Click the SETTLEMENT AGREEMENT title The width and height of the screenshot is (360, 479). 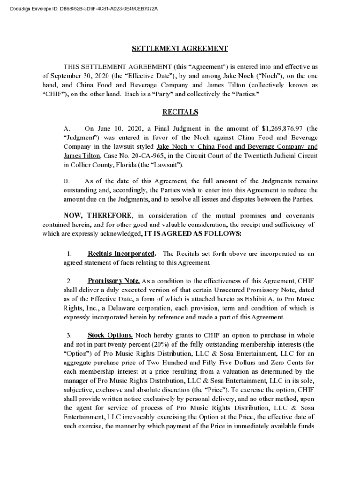pyautogui.click(x=180, y=49)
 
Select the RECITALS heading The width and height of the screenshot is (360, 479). pyautogui.click(x=180, y=112)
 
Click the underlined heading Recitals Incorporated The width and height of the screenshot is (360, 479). pyautogui.click(x=121, y=254)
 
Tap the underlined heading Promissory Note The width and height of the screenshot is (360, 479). pyautogui.click(x=114, y=281)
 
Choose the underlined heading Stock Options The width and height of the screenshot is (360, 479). pyautogui.click(x=110, y=336)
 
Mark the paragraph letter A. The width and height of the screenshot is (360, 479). pyautogui.click(x=67, y=129)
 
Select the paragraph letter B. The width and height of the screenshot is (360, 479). pyautogui.click(x=67, y=181)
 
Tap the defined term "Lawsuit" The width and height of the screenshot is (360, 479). pyautogui.click(x=167, y=165)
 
